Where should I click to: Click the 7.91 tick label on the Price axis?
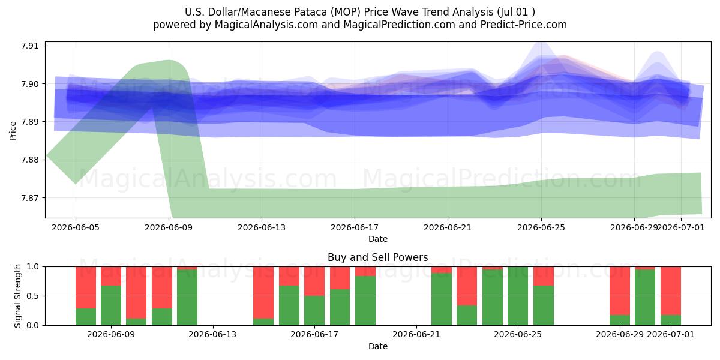click(29, 46)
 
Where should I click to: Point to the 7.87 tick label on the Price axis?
click(29, 198)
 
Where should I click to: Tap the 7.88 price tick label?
click(29, 160)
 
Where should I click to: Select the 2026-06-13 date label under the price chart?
click(262, 227)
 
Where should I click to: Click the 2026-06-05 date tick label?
click(76, 227)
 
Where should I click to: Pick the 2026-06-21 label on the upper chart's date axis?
click(448, 227)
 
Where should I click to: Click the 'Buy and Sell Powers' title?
click(377, 257)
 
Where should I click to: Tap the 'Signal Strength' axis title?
click(17, 296)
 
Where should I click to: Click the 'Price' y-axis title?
click(13, 131)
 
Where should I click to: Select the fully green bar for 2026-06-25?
click(518, 296)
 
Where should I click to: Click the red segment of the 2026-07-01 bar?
click(671, 291)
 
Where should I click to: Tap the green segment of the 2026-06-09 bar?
click(111, 305)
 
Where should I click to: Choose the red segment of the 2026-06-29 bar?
click(620, 291)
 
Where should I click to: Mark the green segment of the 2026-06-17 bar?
click(314, 311)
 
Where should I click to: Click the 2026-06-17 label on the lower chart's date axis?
click(314, 335)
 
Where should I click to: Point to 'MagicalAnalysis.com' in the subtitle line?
click(266, 25)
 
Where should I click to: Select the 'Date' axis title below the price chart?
click(378, 239)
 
